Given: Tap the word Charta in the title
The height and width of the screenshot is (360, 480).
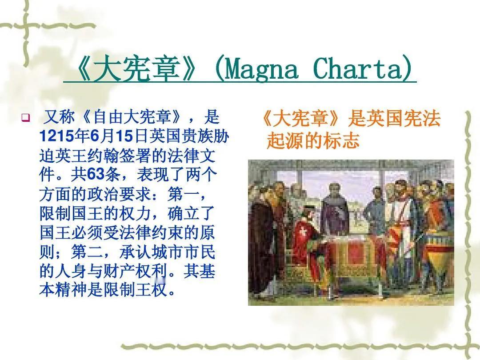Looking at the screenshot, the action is point(359,68).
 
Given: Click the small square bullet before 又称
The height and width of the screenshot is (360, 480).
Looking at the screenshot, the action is point(26,117).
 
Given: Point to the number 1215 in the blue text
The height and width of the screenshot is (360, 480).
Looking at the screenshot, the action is point(56,136).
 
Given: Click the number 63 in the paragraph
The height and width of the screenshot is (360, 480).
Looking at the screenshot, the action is point(96,175).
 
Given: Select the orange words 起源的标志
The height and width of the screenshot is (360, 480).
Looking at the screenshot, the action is point(313,140).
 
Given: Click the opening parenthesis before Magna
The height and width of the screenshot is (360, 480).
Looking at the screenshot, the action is point(220,68).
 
